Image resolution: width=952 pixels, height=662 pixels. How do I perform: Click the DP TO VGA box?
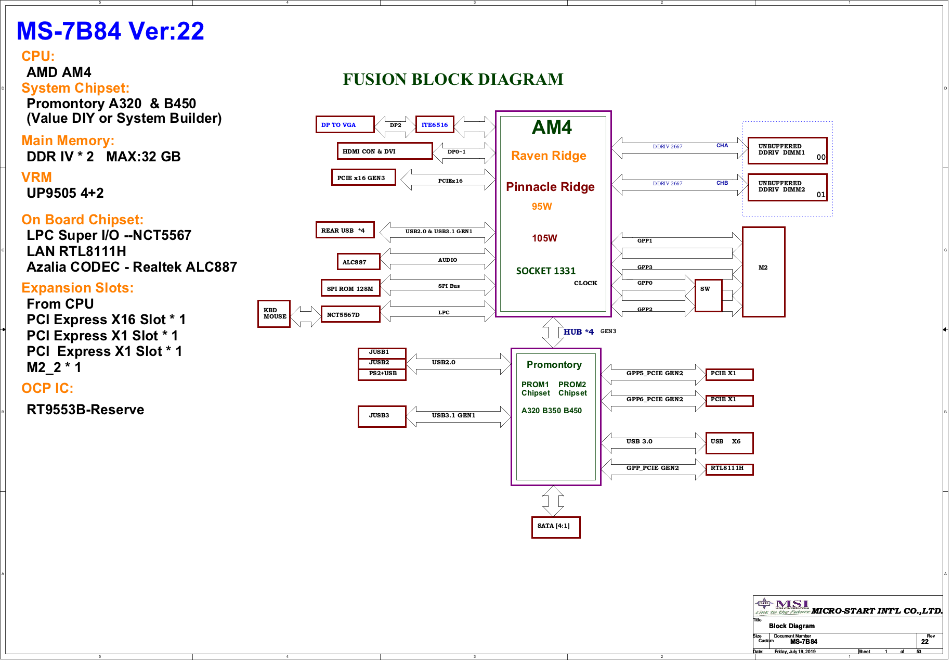tap(345, 125)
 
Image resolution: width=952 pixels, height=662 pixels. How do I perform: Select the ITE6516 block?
tap(435, 125)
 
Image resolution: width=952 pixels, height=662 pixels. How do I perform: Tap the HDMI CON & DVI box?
tap(384, 151)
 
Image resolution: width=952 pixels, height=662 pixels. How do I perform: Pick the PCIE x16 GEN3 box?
tap(363, 178)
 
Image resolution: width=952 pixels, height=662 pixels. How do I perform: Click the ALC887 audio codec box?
tap(358, 262)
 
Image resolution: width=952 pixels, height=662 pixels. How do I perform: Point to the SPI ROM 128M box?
tap(350, 288)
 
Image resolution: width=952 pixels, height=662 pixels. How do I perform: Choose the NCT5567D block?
tap(350, 315)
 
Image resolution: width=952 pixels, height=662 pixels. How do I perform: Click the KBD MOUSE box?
tap(274, 314)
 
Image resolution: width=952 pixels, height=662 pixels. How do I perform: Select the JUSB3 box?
tap(382, 416)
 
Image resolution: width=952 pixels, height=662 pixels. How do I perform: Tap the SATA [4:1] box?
tap(555, 527)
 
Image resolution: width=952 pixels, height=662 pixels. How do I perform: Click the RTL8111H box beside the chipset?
tap(729, 469)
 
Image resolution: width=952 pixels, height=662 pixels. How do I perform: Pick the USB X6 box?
tap(729, 443)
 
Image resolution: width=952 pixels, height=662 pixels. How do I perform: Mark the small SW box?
tap(708, 295)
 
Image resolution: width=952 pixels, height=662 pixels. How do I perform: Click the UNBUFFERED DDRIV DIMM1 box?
tap(787, 150)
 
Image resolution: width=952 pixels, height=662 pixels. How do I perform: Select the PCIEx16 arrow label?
tap(450, 181)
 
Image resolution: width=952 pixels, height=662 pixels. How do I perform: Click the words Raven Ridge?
tap(549, 156)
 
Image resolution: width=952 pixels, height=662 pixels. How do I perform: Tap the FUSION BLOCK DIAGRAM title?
tap(453, 80)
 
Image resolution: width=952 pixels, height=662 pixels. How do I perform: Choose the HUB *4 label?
tap(578, 332)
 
